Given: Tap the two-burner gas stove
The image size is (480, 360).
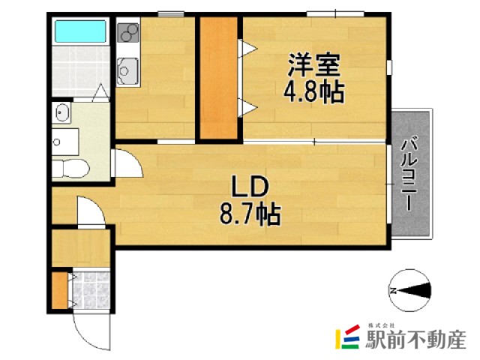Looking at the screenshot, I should coord(128,33).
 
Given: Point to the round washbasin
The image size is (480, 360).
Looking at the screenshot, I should coord(61,113).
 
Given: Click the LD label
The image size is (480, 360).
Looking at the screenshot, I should coord(248,187).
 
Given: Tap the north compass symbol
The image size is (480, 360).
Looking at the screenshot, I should coord(411,289).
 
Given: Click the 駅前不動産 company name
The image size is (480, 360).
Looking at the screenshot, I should coord(415,340).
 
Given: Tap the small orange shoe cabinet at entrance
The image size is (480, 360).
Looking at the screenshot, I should coord(59,289).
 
